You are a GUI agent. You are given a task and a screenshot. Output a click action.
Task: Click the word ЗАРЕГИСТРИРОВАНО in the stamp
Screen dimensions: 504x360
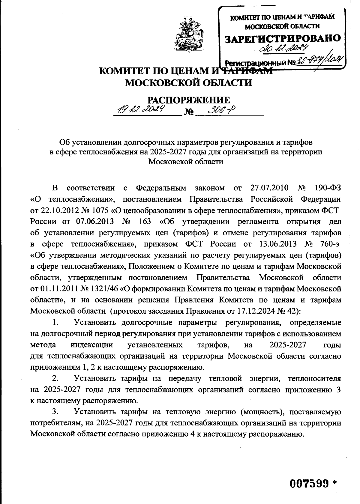(283, 38)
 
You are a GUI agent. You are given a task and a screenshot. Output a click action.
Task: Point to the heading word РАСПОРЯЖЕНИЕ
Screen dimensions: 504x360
(189, 100)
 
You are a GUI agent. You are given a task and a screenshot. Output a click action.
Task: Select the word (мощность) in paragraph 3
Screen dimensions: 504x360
(262, 412)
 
